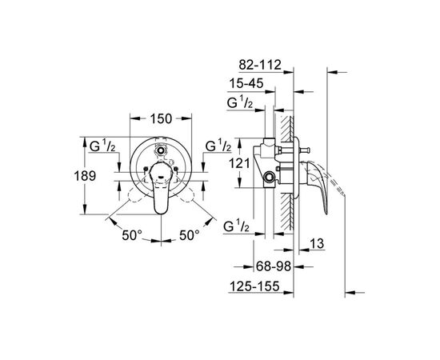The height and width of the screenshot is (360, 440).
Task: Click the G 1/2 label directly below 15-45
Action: tap(242, 103)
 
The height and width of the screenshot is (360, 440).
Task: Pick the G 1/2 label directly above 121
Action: tap(218, 146)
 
